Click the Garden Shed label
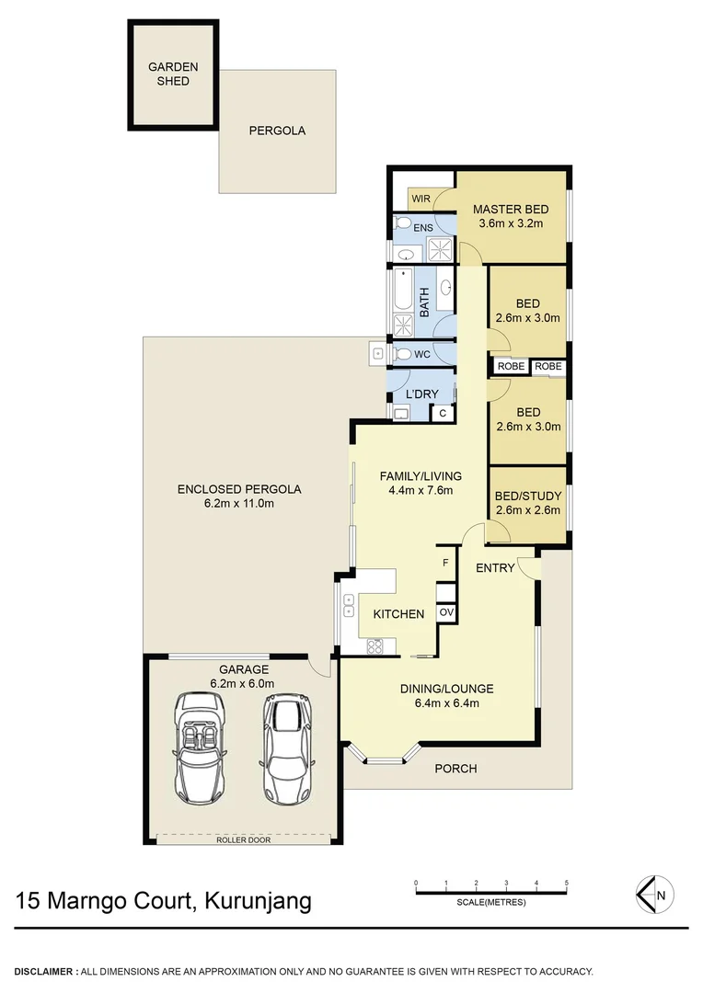tap(173, 74)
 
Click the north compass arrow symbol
tap(653, 893)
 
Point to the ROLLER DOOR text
tap(243, 839)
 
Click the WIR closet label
tap(421, 199)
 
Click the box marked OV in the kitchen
tap(446, 612)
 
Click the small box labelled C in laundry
tap(443, 414)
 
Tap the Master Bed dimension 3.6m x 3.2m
tap(510, 223)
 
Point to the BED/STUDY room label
tap(527, 496)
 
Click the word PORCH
tap(455, 769)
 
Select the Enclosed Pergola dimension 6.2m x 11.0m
tap(239, 503)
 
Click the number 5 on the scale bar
tap(567, 883)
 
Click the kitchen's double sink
tap(349, 605)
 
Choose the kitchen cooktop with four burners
tap(375, 646)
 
